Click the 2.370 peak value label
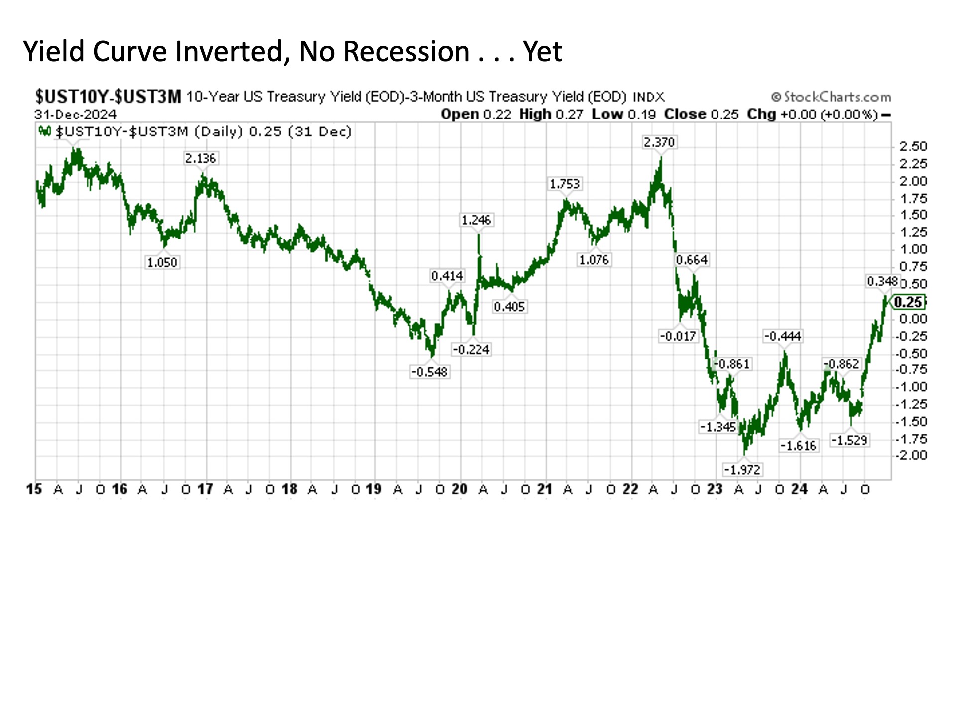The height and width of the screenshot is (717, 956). [659, 142]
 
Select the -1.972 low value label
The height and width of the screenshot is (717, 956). [742, 469]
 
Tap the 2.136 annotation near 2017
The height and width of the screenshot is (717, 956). [200, 158]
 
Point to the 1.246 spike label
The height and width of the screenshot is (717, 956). [476, 220]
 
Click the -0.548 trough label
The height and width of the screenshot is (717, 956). [429, 372]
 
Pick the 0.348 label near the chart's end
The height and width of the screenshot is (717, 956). [882, 281]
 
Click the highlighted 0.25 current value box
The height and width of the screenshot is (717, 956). [908, 302]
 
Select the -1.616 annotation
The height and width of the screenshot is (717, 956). [798, 445]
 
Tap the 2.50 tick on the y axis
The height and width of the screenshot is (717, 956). [913, 146]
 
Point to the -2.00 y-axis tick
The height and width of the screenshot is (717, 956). [912, 455]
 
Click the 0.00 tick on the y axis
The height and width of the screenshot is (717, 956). [913, 319]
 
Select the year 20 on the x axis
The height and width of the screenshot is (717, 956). [459, 489]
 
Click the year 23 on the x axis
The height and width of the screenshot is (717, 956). [715, 489]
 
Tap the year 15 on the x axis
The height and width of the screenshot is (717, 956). [34, 489]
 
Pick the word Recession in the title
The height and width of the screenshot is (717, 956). [406, 52]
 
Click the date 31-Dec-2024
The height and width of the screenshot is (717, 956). [75, 114]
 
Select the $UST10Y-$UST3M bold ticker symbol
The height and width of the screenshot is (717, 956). [108, 96]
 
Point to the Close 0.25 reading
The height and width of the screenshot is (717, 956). [702, 114]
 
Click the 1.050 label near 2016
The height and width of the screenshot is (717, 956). [162, 262]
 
